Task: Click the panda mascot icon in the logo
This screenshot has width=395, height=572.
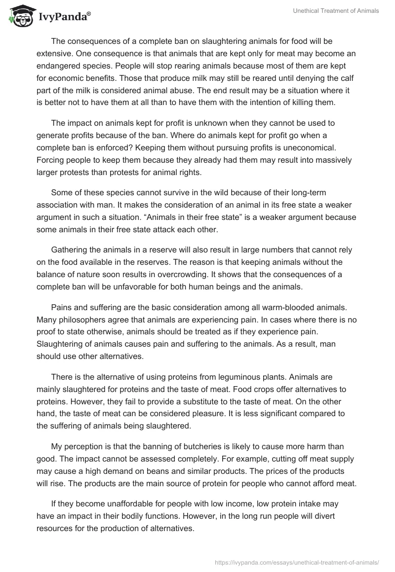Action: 19,16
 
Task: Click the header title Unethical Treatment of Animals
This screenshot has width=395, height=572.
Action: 334,11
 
